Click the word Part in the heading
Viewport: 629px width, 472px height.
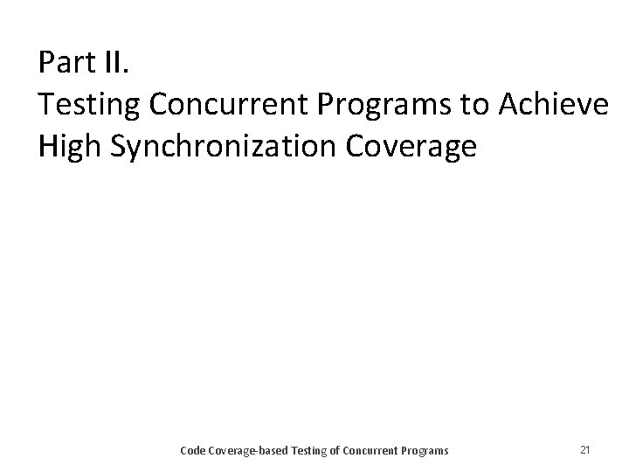pos(66,63)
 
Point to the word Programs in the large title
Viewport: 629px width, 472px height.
pos(384,105)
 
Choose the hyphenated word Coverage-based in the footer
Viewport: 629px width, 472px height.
pos(249,451)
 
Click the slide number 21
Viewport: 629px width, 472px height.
pos(585,450)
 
